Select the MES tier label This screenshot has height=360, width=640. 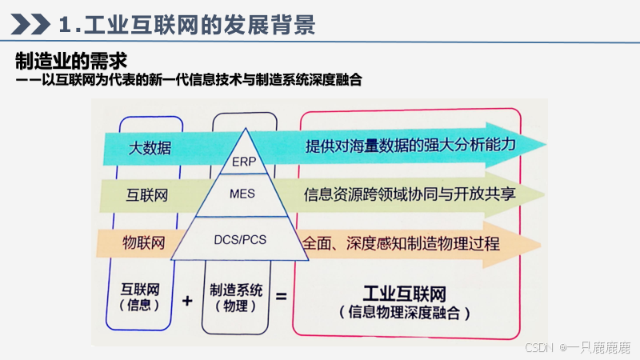pos(242,194)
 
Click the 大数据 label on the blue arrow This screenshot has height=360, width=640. pos(151,148)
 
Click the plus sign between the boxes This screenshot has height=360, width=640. pos(188,301)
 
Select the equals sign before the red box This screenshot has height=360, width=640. pos(281,297)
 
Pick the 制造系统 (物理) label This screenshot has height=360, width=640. pos(235,298)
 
